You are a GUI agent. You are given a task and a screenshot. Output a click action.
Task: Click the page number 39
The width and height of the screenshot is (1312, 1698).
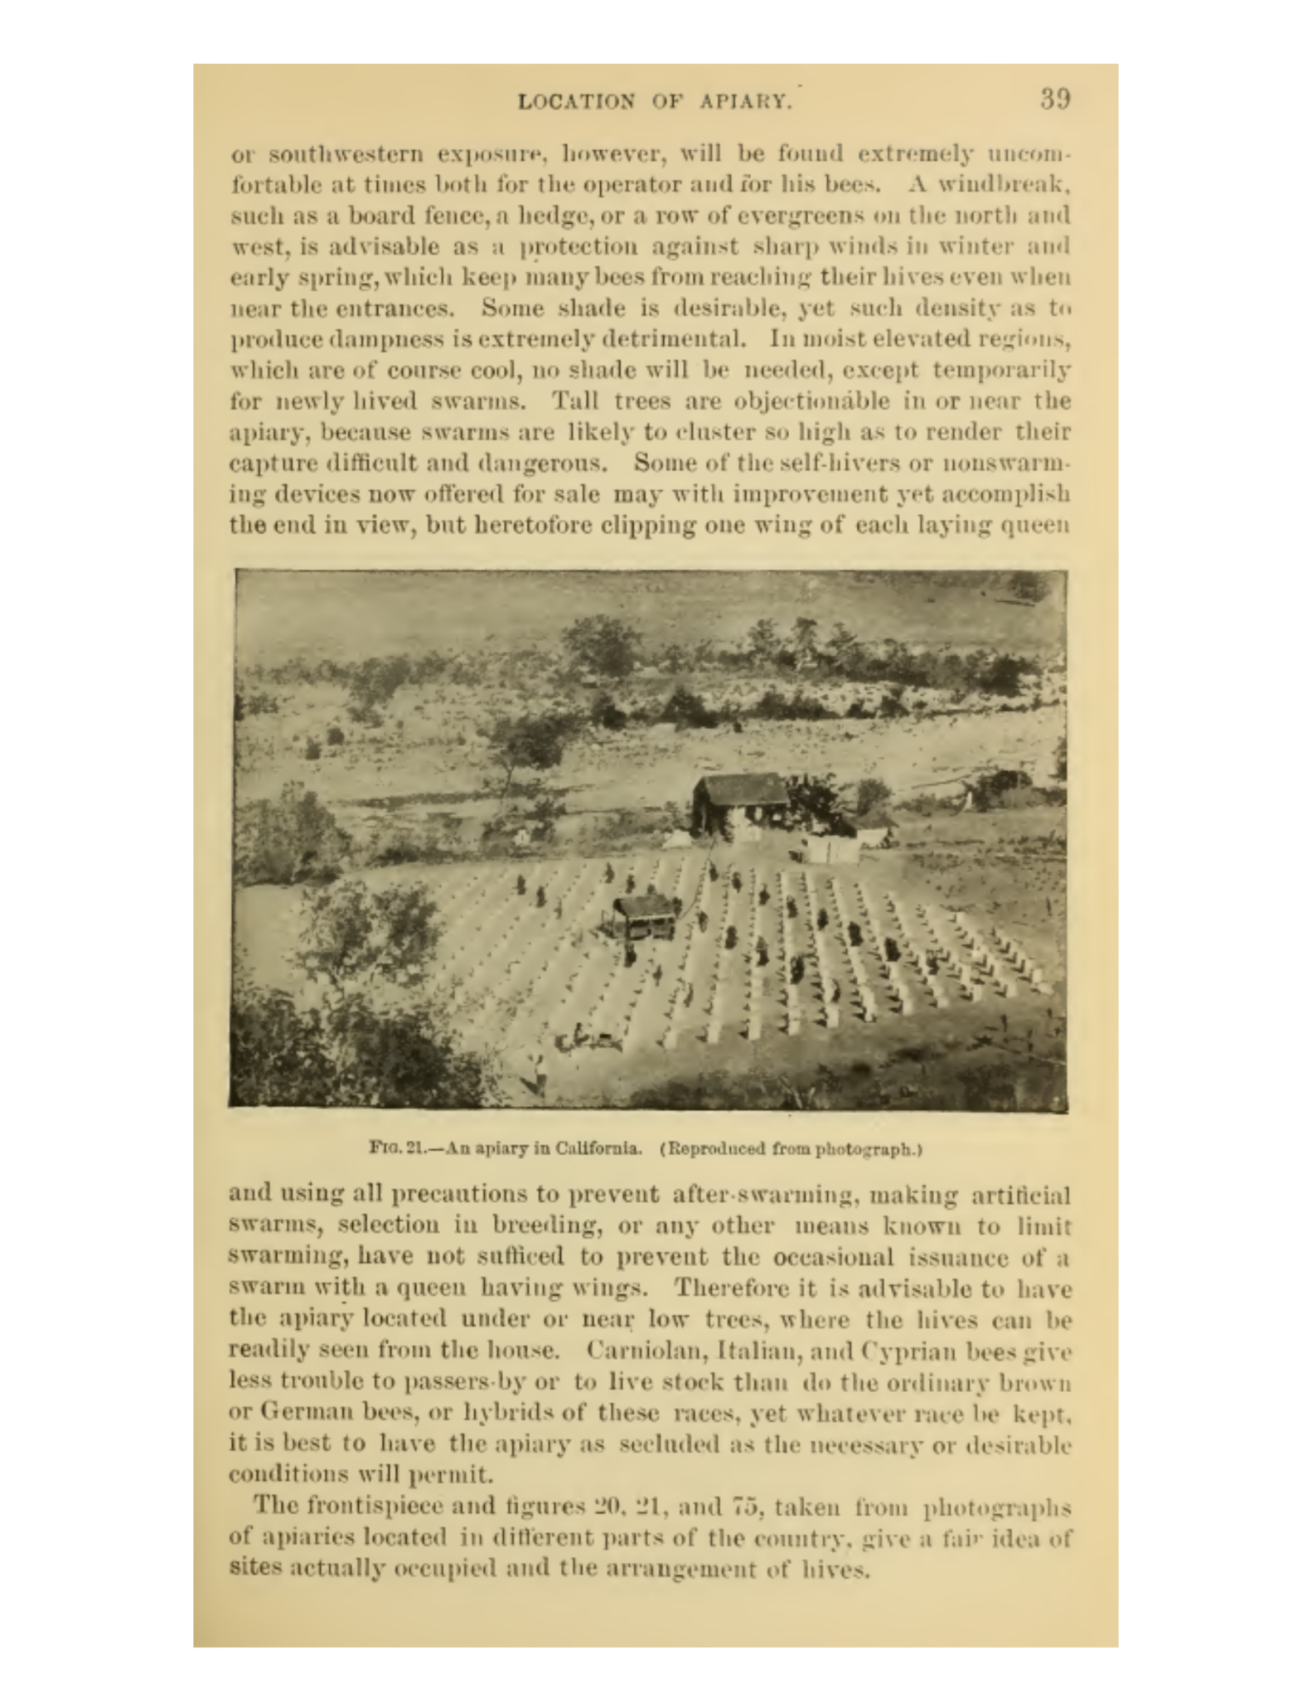click(1055, 100)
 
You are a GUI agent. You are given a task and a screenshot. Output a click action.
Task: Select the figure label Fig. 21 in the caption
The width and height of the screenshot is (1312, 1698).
click(398, 1149)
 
